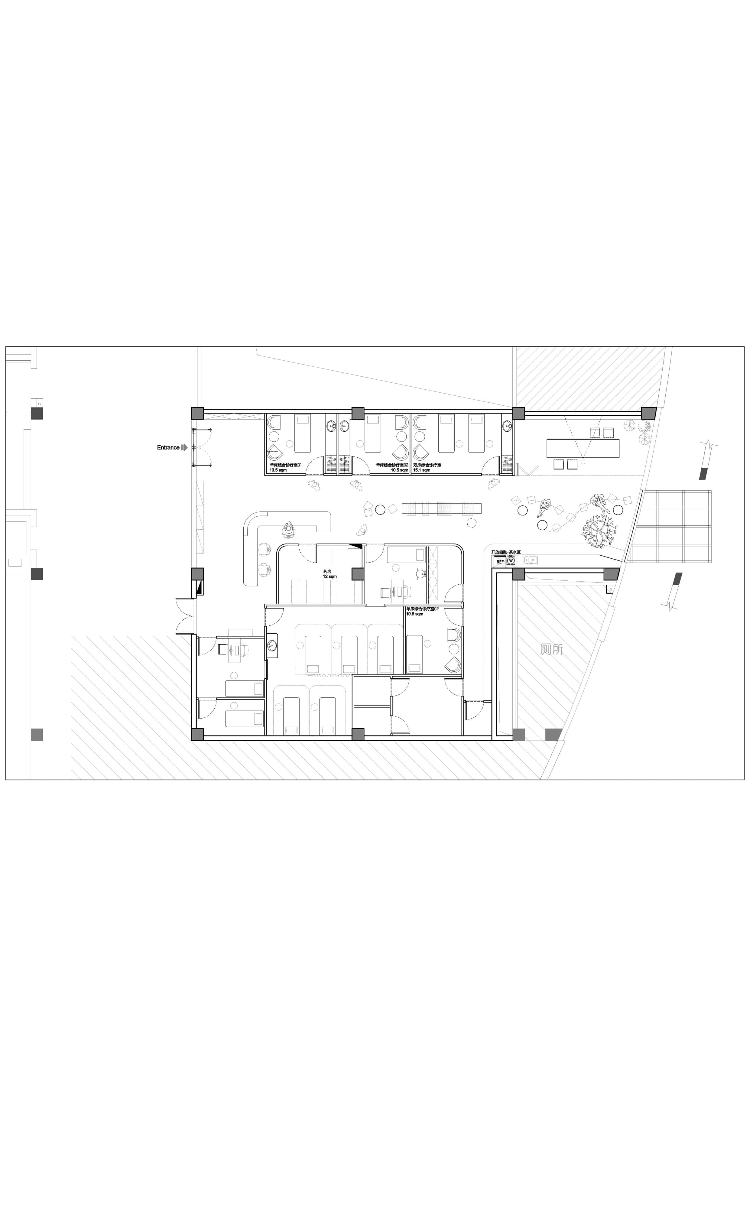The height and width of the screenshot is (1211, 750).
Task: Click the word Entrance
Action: pos(168,448)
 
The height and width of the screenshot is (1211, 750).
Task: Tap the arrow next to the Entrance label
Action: pos(184,448)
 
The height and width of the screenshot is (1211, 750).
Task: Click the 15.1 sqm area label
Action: pos(422,470)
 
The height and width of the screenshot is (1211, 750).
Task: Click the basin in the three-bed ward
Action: pos(272,645)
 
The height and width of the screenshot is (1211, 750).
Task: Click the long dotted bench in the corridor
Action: pos(443,508)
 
